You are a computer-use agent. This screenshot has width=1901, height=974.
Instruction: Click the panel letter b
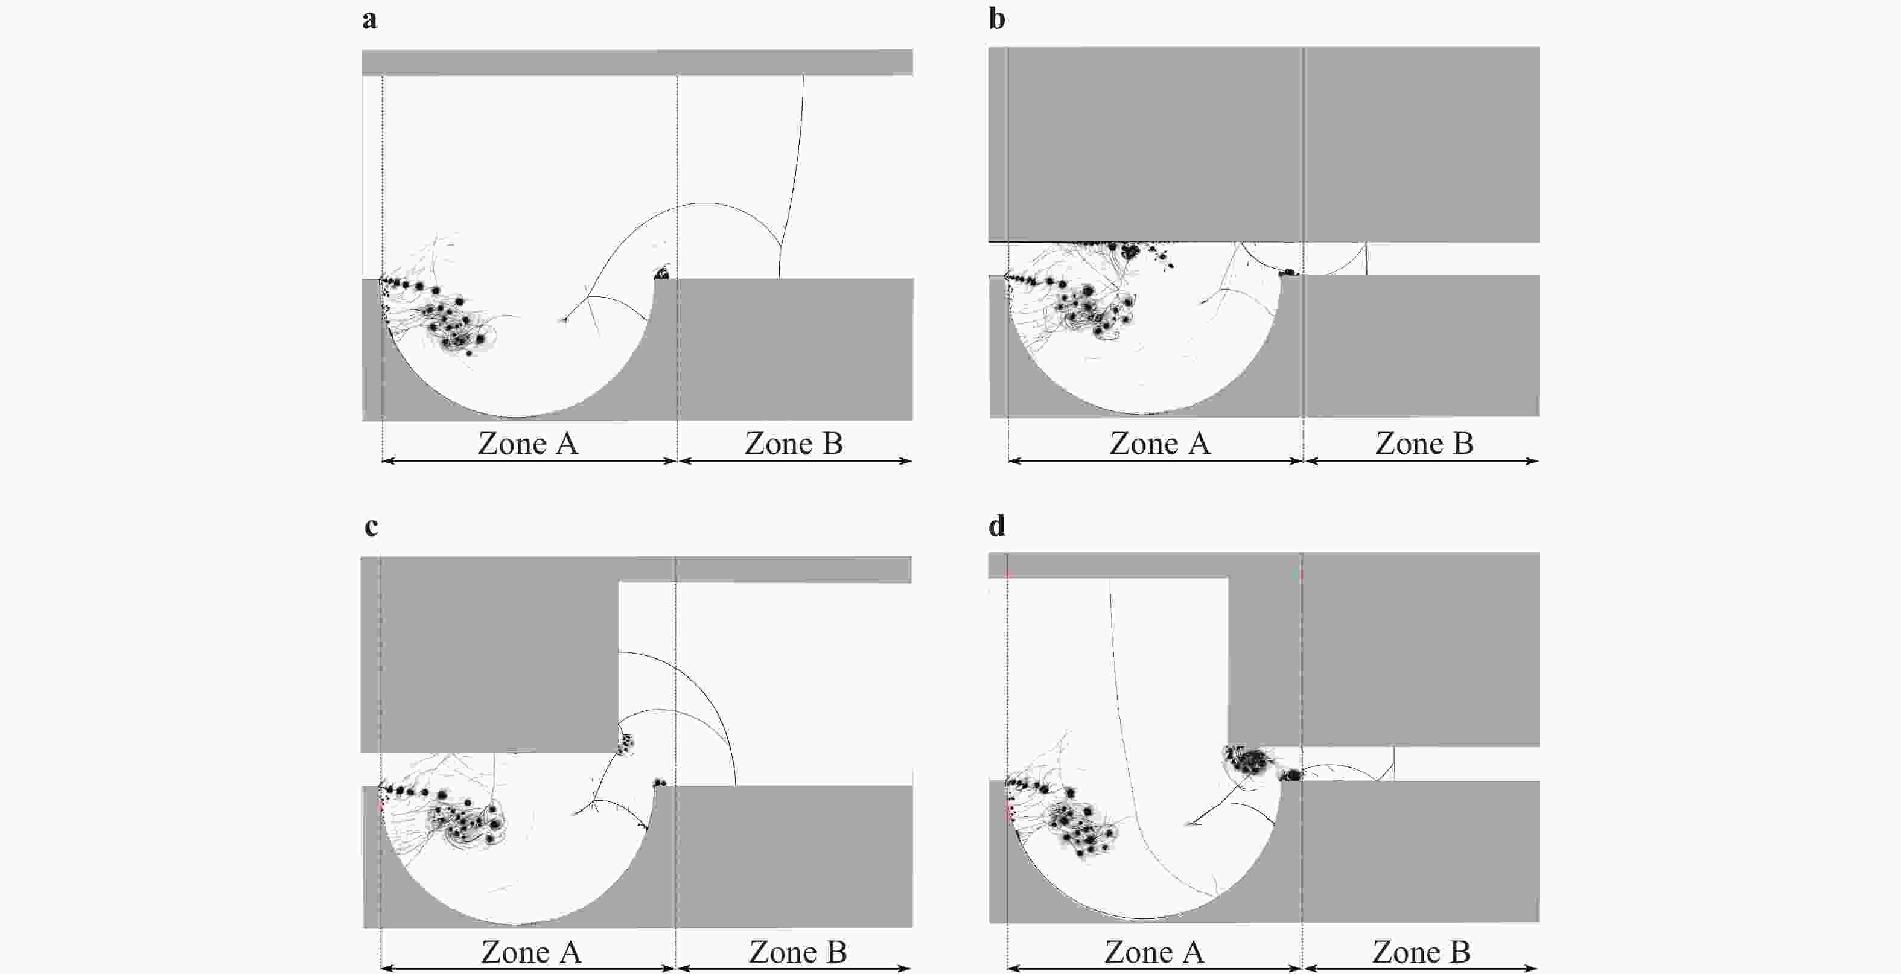(x=997, y=19)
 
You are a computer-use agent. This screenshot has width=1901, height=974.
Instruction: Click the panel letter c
(x=371, y=527)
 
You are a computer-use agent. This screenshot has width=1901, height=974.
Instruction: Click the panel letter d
(x=997, y=526)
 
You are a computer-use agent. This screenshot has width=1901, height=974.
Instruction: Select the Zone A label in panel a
(x=529, y=444)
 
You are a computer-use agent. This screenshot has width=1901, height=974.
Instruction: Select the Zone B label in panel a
(x=794, y=444)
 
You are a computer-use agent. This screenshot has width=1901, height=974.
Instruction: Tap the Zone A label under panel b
(x=1160, y=444)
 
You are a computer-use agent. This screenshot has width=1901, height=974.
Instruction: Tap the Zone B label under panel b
(x=1424, y=444)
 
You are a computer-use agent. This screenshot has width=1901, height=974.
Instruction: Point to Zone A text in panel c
(x=531, y=952)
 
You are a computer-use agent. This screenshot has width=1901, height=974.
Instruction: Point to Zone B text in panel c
(x=798, y=952)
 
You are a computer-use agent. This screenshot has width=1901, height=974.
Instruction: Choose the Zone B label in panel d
(x=1421, y=952)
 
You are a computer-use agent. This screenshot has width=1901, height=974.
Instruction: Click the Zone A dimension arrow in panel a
(x=529, y=461)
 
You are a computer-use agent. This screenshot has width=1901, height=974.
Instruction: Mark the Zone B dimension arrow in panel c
(x=794, y=968)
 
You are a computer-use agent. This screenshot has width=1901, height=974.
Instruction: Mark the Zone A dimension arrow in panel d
(x=1154, y=968)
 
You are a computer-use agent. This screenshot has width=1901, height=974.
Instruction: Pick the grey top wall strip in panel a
(x=638, y=63)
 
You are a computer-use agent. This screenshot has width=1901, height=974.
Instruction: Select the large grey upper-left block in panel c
(x=489, y=655)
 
